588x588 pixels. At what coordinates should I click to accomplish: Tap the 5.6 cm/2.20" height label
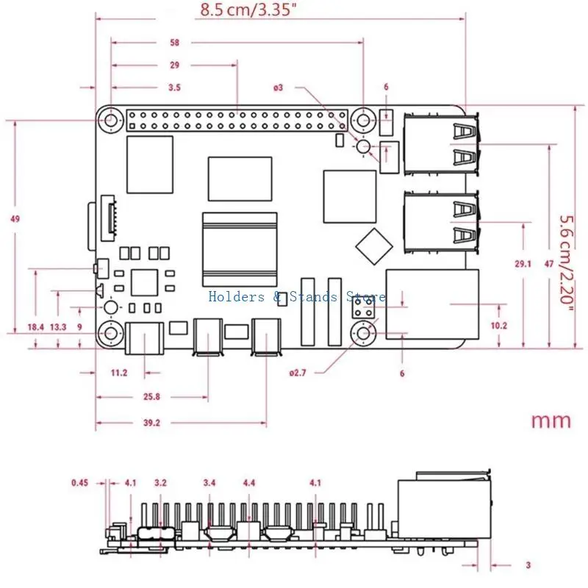pos(567,265)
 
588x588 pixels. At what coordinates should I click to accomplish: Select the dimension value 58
pos(174,43)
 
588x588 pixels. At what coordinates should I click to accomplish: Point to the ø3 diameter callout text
pos(278,87)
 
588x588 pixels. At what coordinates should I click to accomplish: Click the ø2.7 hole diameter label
pos(298,373)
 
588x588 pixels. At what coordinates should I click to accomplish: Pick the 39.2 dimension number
pos(151,423)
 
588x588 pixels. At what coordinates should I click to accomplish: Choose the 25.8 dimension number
pos(151,397)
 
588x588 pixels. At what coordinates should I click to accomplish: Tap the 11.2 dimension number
pos(119,373)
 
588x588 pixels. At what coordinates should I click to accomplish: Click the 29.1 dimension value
pos(523,264)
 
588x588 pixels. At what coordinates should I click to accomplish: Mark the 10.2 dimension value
pos(499,326)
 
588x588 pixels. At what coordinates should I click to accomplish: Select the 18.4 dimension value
pos(35,327)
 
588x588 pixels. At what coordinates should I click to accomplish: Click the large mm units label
pos(551,420)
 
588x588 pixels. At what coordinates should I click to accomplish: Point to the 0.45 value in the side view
pos(80,483)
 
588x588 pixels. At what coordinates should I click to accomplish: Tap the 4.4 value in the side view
pos(249,483)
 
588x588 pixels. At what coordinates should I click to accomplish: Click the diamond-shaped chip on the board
pos(374,246)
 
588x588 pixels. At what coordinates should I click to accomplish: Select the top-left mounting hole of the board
pos(110,121)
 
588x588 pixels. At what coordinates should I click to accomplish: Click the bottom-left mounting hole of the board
pos(110,333)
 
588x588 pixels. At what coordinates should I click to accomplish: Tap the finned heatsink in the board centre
pos(240,249)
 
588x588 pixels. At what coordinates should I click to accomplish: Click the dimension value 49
pos(15,219)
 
